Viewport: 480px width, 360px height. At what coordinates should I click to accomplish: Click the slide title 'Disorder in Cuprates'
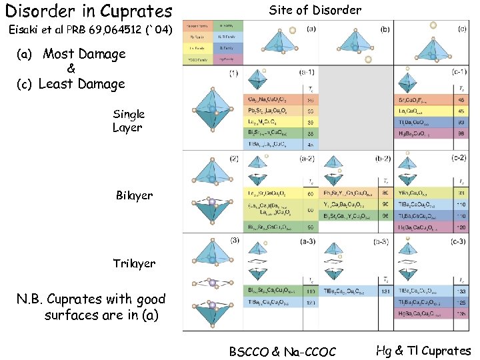[89, 11]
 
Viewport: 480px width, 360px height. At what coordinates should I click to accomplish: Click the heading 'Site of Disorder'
[315, 10]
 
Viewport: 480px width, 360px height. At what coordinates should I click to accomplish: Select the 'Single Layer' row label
[128, 121]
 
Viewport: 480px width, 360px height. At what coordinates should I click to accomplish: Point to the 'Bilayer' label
[134, 195]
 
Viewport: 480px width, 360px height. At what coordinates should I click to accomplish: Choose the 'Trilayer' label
[134, 263]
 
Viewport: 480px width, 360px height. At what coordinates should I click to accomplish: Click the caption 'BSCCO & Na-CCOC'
[283, 351]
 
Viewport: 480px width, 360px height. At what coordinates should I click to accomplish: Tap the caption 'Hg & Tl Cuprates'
[423, 351]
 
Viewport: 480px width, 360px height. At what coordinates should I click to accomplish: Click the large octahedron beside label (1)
[213, 110]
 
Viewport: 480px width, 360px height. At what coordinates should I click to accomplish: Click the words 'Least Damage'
[81, 84]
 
